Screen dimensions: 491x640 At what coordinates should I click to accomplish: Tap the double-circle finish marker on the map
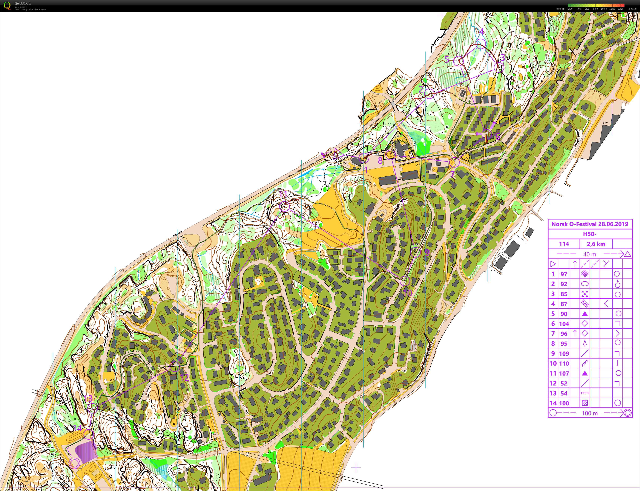75,463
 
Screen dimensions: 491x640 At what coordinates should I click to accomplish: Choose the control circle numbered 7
454,162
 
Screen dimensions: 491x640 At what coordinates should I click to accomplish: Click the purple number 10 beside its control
407,293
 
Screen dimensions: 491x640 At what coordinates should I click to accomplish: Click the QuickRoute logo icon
7,6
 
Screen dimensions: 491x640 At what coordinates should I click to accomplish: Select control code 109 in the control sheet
564,354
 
